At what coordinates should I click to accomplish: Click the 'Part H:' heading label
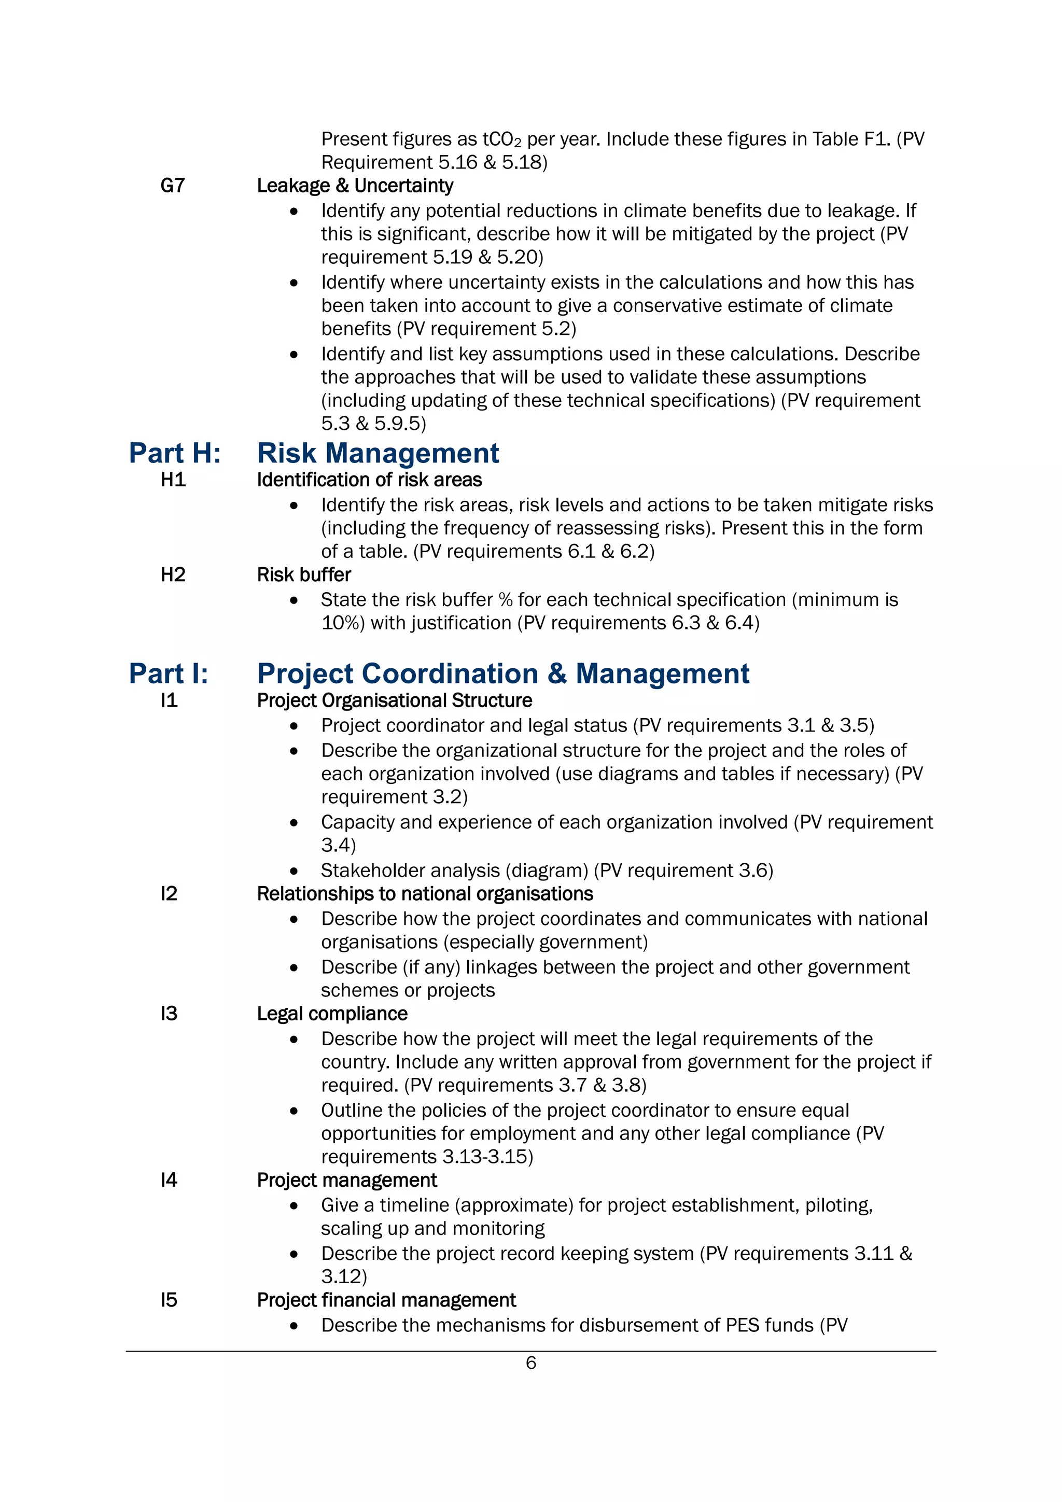point(175,453)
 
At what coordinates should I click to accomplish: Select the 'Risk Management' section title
point(378,453)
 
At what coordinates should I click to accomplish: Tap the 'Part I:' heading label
point(168,674)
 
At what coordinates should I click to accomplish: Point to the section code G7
point(173,186)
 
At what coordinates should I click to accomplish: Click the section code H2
point(173,574)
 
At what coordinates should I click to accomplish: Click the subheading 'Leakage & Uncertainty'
point(355,186)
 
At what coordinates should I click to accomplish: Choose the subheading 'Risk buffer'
point(304,574)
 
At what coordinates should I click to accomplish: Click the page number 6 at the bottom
point(530,1363)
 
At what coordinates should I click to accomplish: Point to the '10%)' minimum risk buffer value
point(343,623)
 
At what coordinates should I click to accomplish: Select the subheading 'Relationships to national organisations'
point(425,894)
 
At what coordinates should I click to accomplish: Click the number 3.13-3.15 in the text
point(485,1157)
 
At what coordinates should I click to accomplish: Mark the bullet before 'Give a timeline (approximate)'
point(294,1205)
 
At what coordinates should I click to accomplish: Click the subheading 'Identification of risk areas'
point(369,480)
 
